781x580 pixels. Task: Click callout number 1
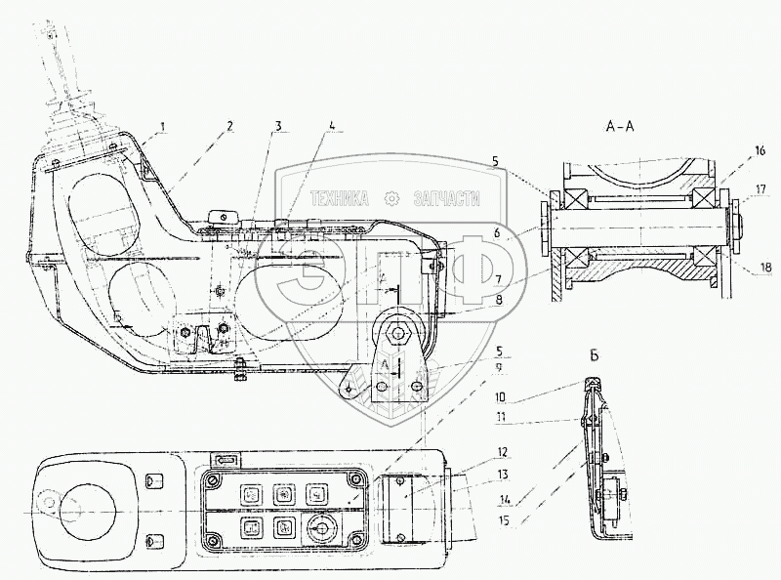pyautogui.click(x=165, y=125)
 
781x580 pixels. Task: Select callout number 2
pyautogui.click(x=229, y=125)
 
